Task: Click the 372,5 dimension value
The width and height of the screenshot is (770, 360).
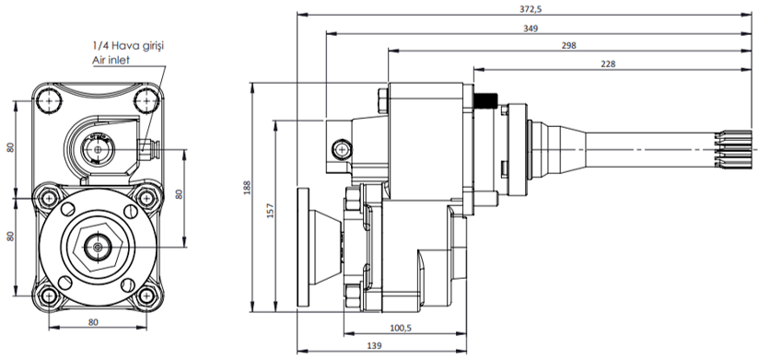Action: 527,8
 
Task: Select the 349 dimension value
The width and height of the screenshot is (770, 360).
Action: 531,29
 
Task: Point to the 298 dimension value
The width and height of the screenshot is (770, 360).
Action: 569,46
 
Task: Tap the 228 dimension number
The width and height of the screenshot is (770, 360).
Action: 608,64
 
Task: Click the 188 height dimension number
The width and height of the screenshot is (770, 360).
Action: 247,188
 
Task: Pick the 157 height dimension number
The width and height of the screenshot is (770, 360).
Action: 271,210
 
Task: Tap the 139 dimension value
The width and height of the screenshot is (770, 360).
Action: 374,346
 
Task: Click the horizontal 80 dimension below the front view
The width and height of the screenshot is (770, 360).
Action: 93,322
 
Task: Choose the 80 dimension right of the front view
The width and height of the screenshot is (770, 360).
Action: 180,193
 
